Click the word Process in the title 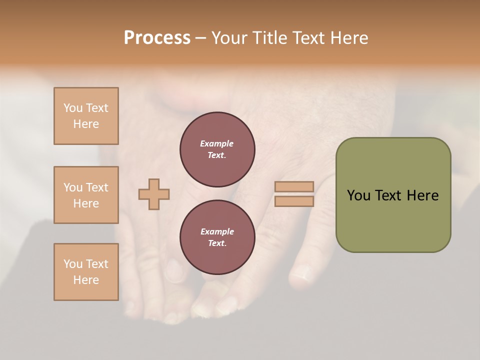(x=157, y=38)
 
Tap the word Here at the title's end (x=349, y=38)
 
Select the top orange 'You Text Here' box (x=86, y=116)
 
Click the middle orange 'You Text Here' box (x=86, y=195)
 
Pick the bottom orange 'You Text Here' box (x=86, y=272)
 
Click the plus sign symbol (x=154, y=194)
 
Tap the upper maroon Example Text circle (x=217, y=149)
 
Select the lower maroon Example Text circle (x=217, y=237)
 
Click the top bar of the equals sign (x=294, y=186)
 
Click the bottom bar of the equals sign (x=294, y=201)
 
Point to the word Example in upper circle (x=217, y=143)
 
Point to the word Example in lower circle (x=217, y=231)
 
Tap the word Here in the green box (x=422, y=195)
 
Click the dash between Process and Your (x=201, y=38)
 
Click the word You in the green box (x=358, y=195)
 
